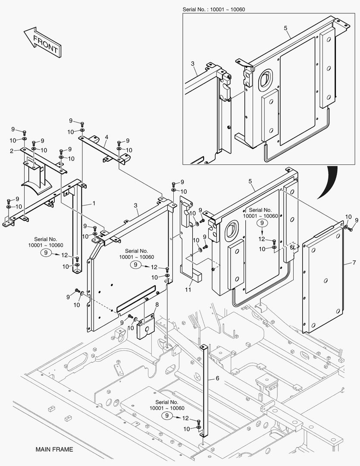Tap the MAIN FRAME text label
(x=54, y=450)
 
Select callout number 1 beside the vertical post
(x=93, y=203)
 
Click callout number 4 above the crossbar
(x=106, y=138)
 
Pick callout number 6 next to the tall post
(x=217, y=378)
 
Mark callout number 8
(x=157, y=304)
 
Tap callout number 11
(x=188, y=290)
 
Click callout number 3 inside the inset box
(x=193, y=63)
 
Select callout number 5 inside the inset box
(x=285, y=28)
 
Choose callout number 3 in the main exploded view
(x=135, y=206)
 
